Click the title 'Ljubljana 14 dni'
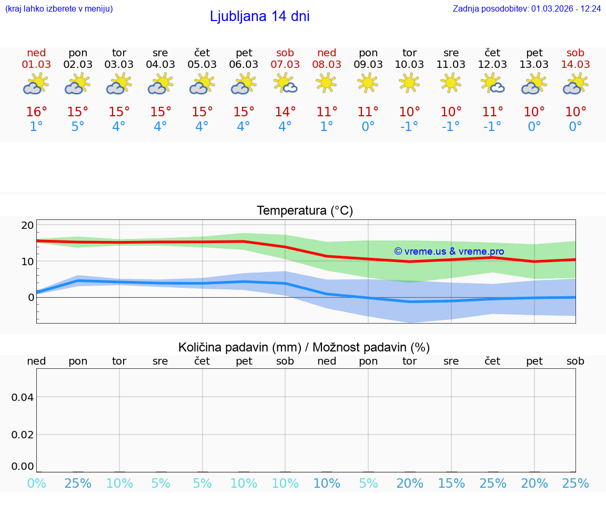[x=259, y=16]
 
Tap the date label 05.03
[x=202, y=65]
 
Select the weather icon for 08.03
[x=326, y=83]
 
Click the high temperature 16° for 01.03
[x=36, y=112]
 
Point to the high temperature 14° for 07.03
[x=285, y=112]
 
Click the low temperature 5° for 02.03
[x=78, y=127]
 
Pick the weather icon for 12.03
[x=492, y=83]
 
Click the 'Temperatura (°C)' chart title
[x=305, y=211]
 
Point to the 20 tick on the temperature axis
[x=27, y=225]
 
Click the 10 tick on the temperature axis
[x=27, y=261]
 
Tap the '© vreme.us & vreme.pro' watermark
[x=449, y=252]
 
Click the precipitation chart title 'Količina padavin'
[x=304, y=347]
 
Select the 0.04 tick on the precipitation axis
[x=23, y=397]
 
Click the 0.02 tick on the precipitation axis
[x=23, y=435]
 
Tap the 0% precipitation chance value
[x=36, y=483]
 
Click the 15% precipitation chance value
[x=451, y=483]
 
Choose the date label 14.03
[x=575, y=65]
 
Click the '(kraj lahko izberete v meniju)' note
[x=58, y=8]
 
